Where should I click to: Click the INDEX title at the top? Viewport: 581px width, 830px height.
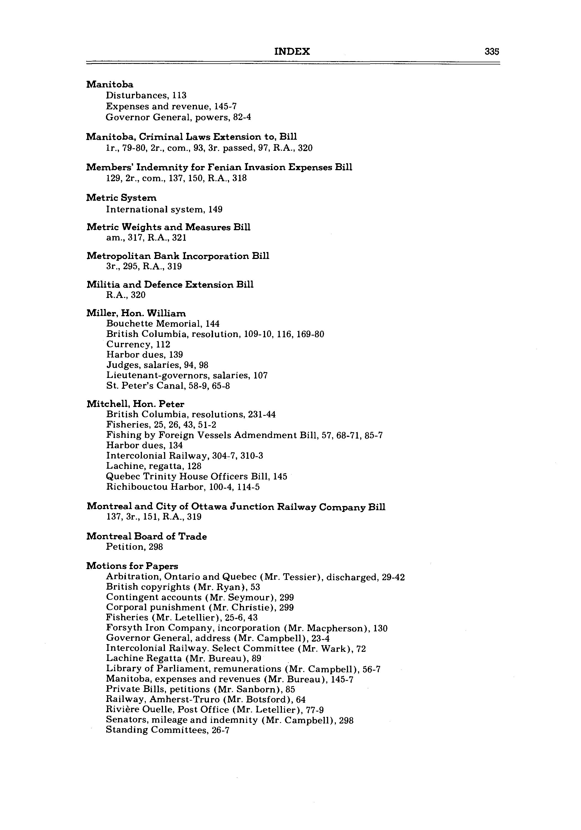coord(292,51)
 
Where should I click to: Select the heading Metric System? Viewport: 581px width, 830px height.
coord(121,198)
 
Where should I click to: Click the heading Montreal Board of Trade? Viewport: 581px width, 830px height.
coord(146,536)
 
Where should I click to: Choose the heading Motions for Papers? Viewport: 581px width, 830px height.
coord(132,566)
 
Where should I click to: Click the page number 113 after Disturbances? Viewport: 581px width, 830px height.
coord(179,95)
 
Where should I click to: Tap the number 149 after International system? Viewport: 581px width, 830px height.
coord(215,209)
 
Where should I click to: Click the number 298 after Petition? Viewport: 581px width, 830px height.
coord(156,547)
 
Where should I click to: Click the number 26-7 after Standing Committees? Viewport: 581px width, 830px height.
coord(220,730)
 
